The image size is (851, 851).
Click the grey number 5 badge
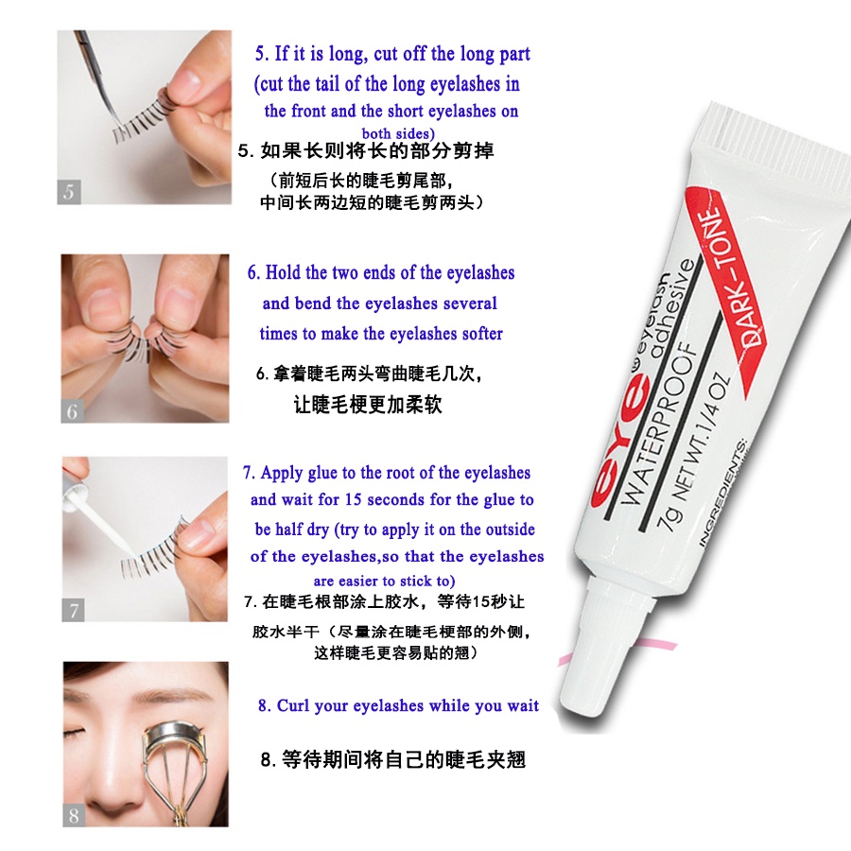click(69, 190)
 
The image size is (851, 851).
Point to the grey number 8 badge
click(74, 814)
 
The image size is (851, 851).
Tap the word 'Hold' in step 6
click(283, 273)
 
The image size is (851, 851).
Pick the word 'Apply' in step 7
click(280, 473)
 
